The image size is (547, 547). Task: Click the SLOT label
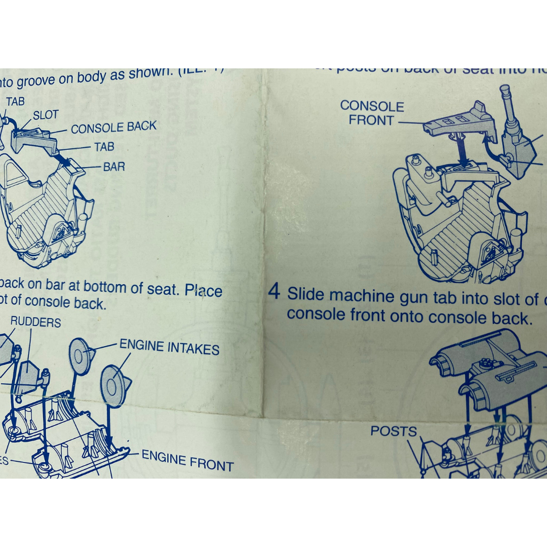[x=46, y=115]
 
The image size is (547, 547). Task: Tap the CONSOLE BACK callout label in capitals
[x=113, y=128]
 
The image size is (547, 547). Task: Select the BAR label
[x=114, y=166]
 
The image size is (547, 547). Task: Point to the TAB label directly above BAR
[x=104, y=147]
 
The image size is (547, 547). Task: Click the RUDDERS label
[x=35, y=323]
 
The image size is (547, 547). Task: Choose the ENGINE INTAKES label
[x=169, y=347]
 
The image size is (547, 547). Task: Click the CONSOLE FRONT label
[x=372, y=113]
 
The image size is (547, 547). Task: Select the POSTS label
[x=394, y=432]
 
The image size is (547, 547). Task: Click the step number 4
[x=274, y=292]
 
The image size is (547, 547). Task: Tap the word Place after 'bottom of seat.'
[x=203, y=290]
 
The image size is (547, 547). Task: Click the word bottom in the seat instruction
[x=103, y=286]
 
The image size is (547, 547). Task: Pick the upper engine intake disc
[x=80, y=356]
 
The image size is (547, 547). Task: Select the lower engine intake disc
[x=113, y=386]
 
